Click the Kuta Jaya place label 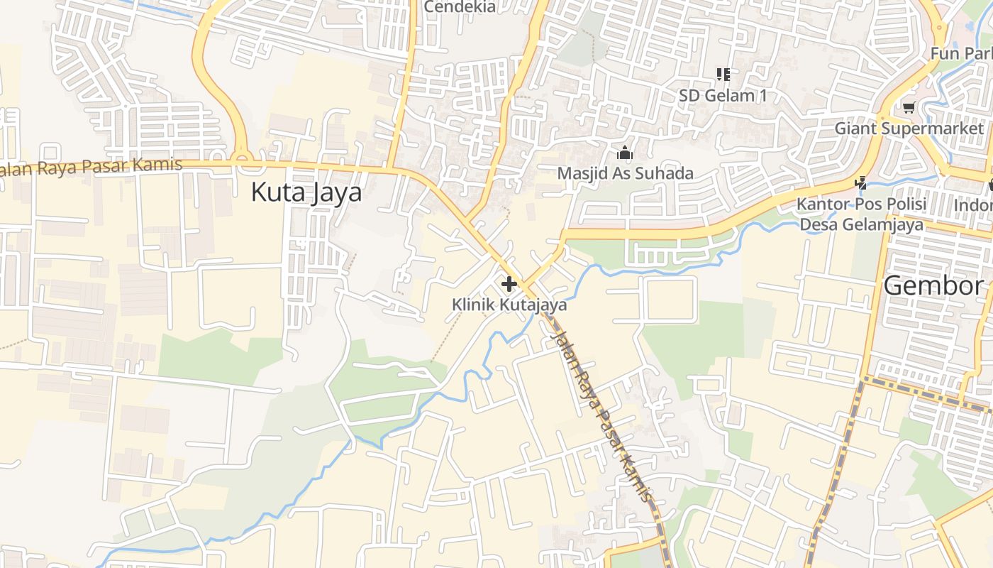pos(306,192)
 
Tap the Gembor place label pos(933,285)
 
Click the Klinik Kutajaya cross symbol pos(509,285)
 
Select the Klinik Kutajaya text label pos(509,305)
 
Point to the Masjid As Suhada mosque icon pos(624,153)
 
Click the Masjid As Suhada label pos(625,173)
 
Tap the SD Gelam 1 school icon pos(723,74)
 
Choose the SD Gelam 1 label pos(723,95)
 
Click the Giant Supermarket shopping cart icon pos(909,107)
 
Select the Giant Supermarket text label pos(909,129)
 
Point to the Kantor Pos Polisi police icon pos(860,183)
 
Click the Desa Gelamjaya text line pos(861,224)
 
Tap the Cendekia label pos(459,7)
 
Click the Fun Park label pos(961,53)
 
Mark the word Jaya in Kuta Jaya pos(334,192)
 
